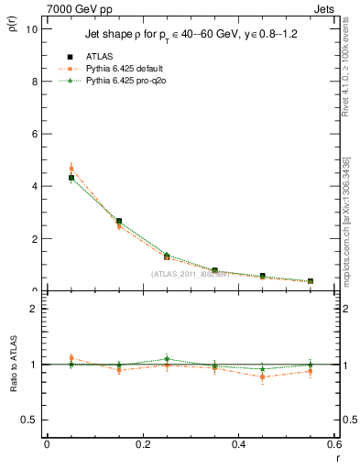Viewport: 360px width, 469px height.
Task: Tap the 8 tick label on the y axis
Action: coord(34,82)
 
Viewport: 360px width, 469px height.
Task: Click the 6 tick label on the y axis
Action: coord(34,134)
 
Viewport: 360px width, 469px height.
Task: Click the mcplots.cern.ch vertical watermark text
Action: coord(345,220)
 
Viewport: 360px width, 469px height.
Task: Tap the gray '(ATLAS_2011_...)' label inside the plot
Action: coord(191,274)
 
